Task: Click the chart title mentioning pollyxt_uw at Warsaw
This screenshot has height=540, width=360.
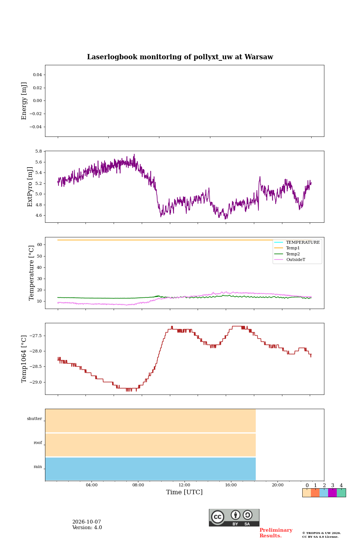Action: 180,57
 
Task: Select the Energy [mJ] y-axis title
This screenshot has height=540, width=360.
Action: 24,101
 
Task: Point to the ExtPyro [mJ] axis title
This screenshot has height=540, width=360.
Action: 30,187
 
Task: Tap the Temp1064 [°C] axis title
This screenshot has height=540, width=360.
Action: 24,359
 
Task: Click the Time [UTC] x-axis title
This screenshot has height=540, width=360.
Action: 184,492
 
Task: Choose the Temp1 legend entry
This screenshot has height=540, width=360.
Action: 293,248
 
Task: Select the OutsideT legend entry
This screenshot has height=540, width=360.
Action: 295,259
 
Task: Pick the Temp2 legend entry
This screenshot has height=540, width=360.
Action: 293,253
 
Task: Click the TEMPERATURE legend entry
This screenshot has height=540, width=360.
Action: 303,242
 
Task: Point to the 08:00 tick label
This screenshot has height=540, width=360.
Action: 138,485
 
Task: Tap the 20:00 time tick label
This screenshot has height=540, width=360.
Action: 277,485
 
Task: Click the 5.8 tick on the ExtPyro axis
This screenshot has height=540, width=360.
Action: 39,151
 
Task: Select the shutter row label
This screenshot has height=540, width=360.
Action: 34,418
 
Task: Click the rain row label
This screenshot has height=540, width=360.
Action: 38,466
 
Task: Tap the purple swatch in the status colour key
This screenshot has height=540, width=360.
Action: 332,493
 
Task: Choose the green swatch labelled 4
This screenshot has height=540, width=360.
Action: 341,493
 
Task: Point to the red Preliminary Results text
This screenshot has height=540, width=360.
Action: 276,533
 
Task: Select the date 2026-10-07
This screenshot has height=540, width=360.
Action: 87,522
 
